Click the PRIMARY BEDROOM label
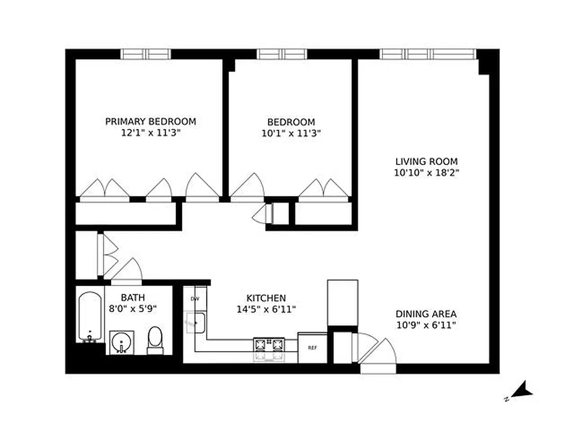pos(150,122)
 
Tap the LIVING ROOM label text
pos(427,161)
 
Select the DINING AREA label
pos(426,314)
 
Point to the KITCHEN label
pos(266,298)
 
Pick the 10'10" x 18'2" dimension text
pos(427,173)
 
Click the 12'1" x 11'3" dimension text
pos(150,133)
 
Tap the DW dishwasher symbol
pos(195,299)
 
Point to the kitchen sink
pos(195,321)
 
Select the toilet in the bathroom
pos(154,339)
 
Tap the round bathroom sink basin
pos(122,343)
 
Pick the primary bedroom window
pos(146,54)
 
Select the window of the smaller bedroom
pos(282,54)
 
